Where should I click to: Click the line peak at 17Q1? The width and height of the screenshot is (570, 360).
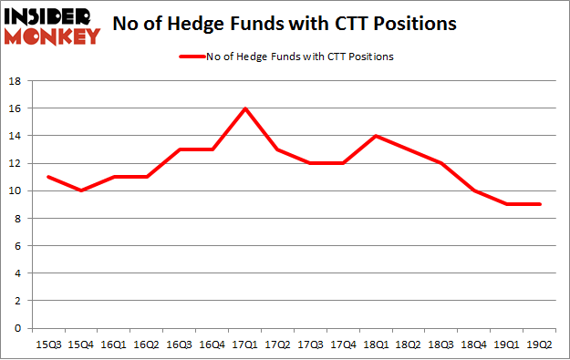point(245,108)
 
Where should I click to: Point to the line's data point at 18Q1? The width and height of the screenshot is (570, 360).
point(376,136)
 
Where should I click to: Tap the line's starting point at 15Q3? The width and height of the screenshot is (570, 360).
point(47,177)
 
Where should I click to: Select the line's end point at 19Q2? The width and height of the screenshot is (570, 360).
point(538,204)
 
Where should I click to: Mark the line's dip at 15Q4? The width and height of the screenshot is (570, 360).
point(80,190)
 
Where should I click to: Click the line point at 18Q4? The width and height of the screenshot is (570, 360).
point(473,190)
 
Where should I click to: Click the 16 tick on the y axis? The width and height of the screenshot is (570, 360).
point(16,108)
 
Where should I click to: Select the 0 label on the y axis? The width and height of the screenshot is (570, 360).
point(19,328)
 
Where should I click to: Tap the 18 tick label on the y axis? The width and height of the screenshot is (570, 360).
point(16,81)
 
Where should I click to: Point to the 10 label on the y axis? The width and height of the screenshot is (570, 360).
point(16,190)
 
